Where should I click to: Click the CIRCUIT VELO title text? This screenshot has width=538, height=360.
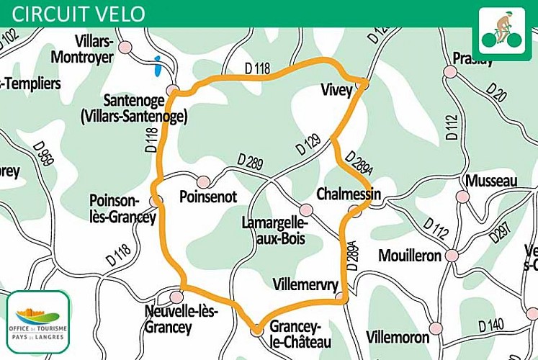(79, 14)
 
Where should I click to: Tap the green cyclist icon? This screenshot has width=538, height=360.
(501, 29)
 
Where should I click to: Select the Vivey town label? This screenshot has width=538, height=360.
(336, 90)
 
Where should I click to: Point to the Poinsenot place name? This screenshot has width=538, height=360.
(207, 197)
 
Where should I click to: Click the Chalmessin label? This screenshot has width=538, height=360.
(348, 194)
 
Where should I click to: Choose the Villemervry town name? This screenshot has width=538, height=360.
(306, 285)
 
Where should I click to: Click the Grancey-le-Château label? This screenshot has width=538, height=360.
(300, 335)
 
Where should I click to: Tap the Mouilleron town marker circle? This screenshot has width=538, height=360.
(452, 256)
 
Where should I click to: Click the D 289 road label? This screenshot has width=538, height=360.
(249, 161)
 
